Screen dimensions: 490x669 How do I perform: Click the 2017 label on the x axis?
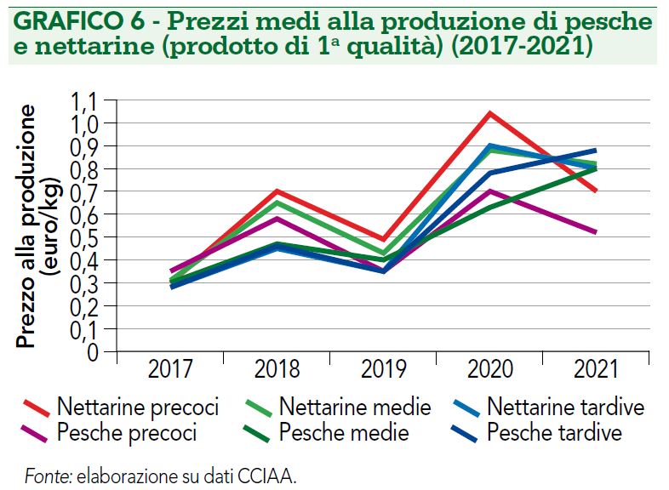pos(169,369)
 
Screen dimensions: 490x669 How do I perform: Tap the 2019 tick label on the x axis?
pos(384,369)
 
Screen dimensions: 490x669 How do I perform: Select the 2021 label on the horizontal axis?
pos(597,369)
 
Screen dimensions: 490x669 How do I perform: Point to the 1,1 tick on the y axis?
pos(84,101)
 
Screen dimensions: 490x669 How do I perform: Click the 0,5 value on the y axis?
pos(84,236)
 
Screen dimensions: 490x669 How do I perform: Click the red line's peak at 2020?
pos(490,112)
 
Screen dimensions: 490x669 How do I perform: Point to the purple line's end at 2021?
pos(596,232)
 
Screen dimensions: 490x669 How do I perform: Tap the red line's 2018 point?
pos(277,191)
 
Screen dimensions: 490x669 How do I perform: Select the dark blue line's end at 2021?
pos(596,150)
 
